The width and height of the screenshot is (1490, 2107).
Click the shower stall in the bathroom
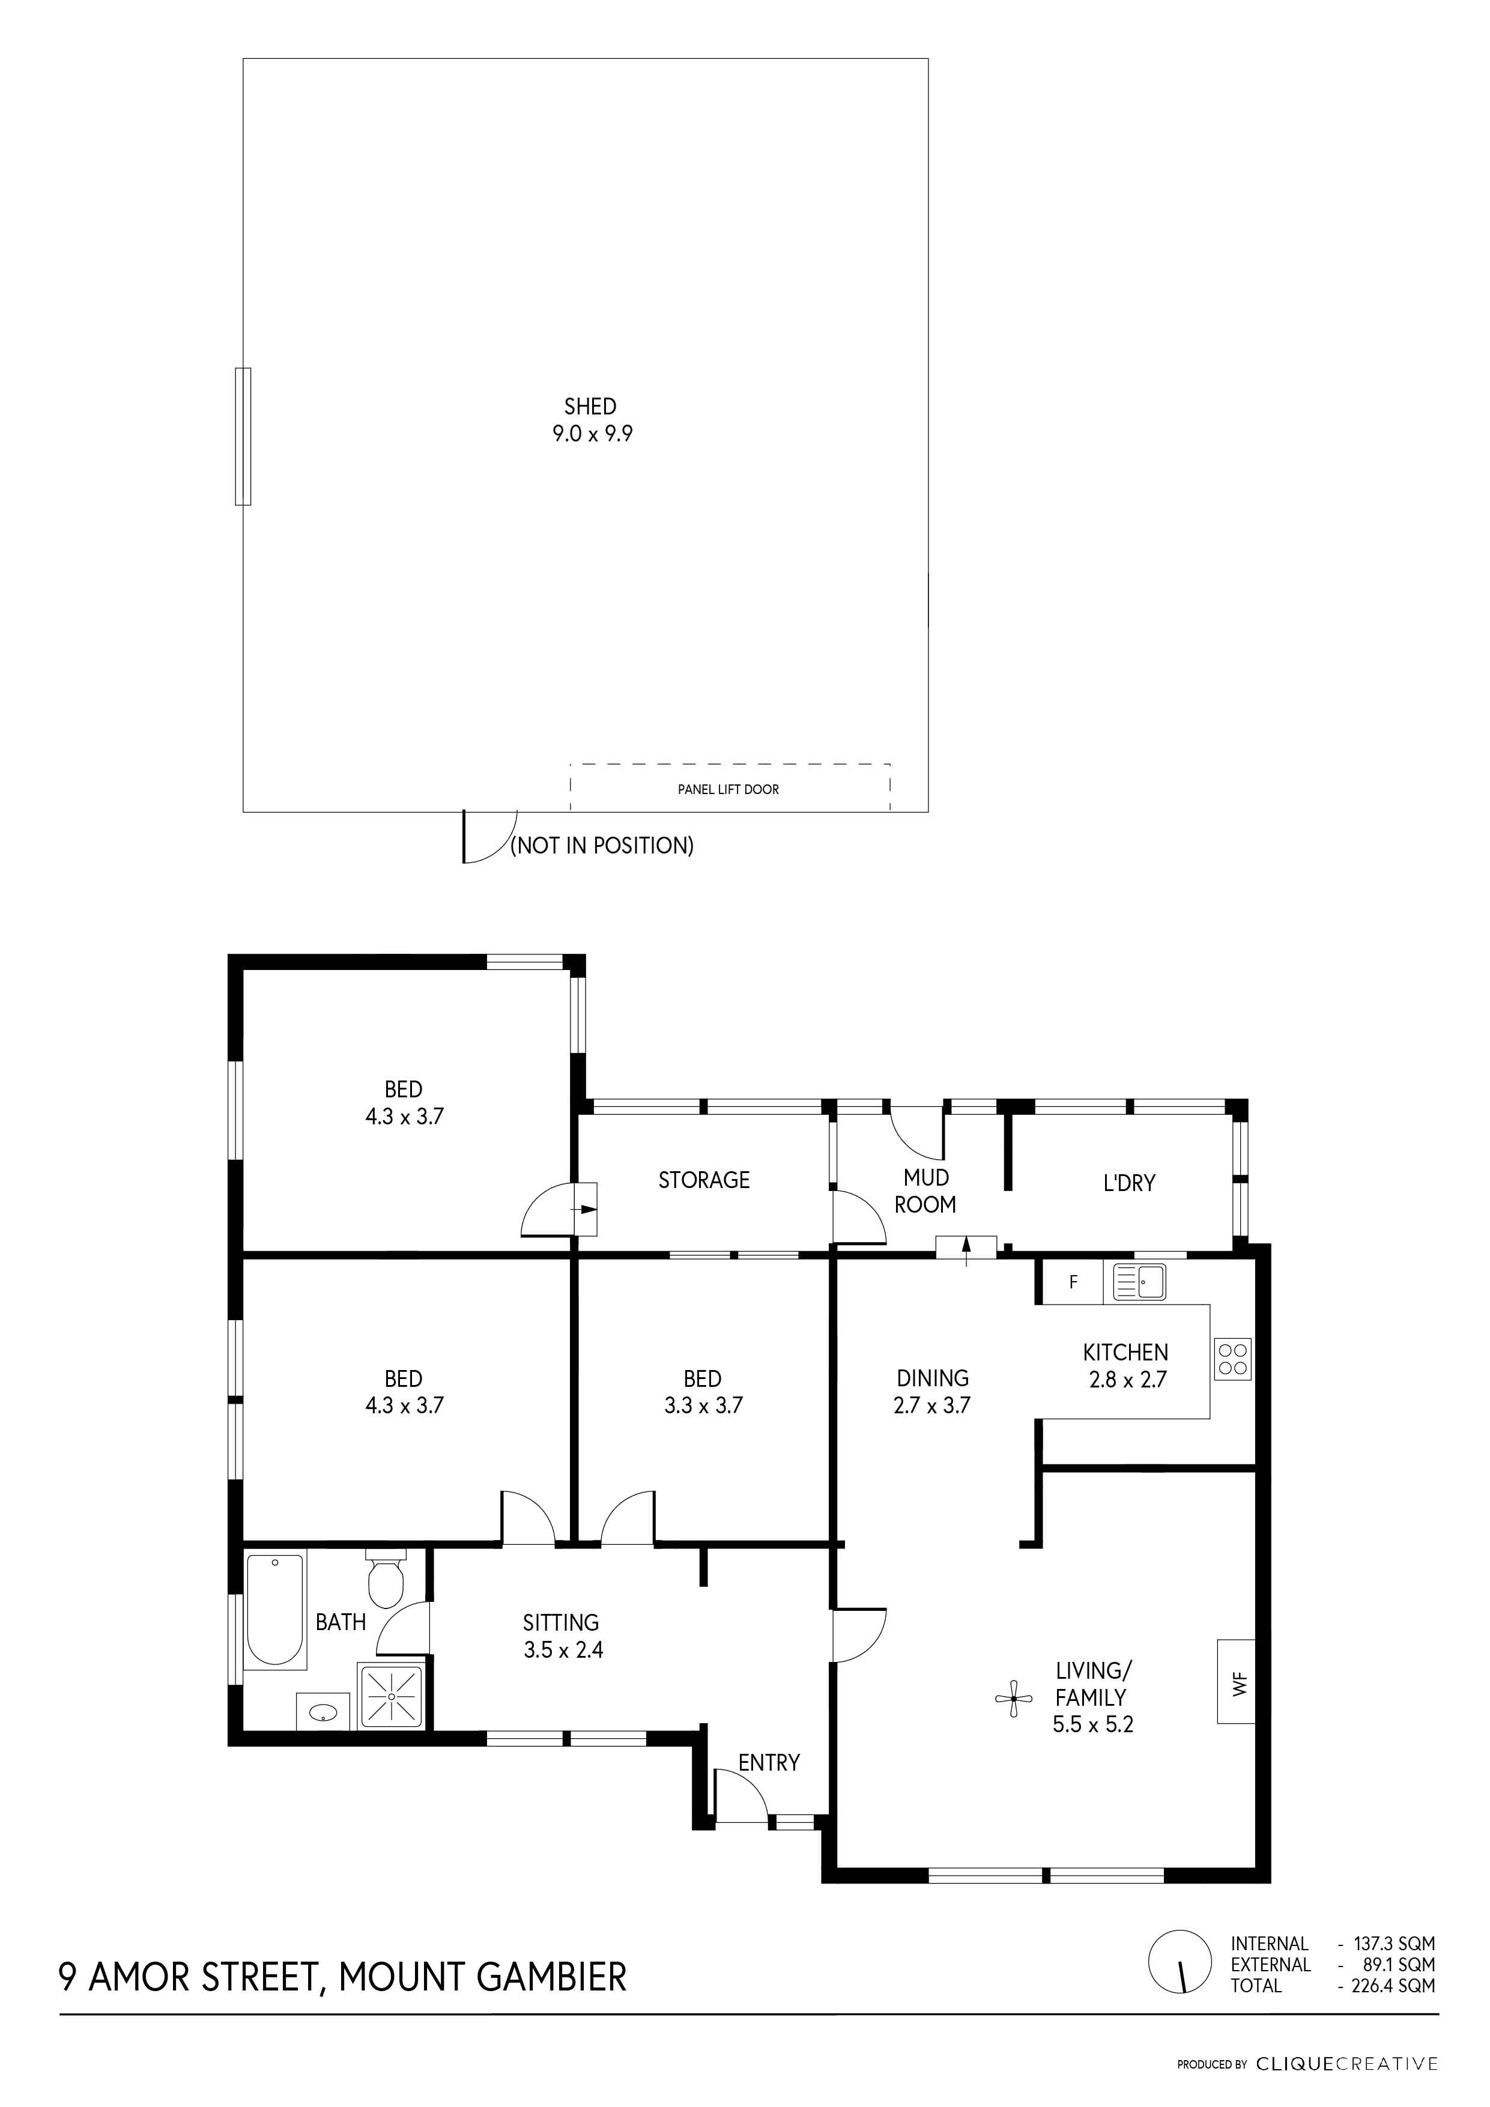tap(392, 1696)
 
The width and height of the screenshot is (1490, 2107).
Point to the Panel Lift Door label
tap(728, 789)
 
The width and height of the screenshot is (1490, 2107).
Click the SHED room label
tap(590, 407)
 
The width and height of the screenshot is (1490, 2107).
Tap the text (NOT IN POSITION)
tap(602, 845)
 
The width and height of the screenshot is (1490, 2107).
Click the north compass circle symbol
tap(1180, 1962)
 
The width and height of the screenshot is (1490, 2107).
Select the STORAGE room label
tap(704, 1180)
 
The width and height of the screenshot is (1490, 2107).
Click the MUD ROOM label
tap(925, 1191)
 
